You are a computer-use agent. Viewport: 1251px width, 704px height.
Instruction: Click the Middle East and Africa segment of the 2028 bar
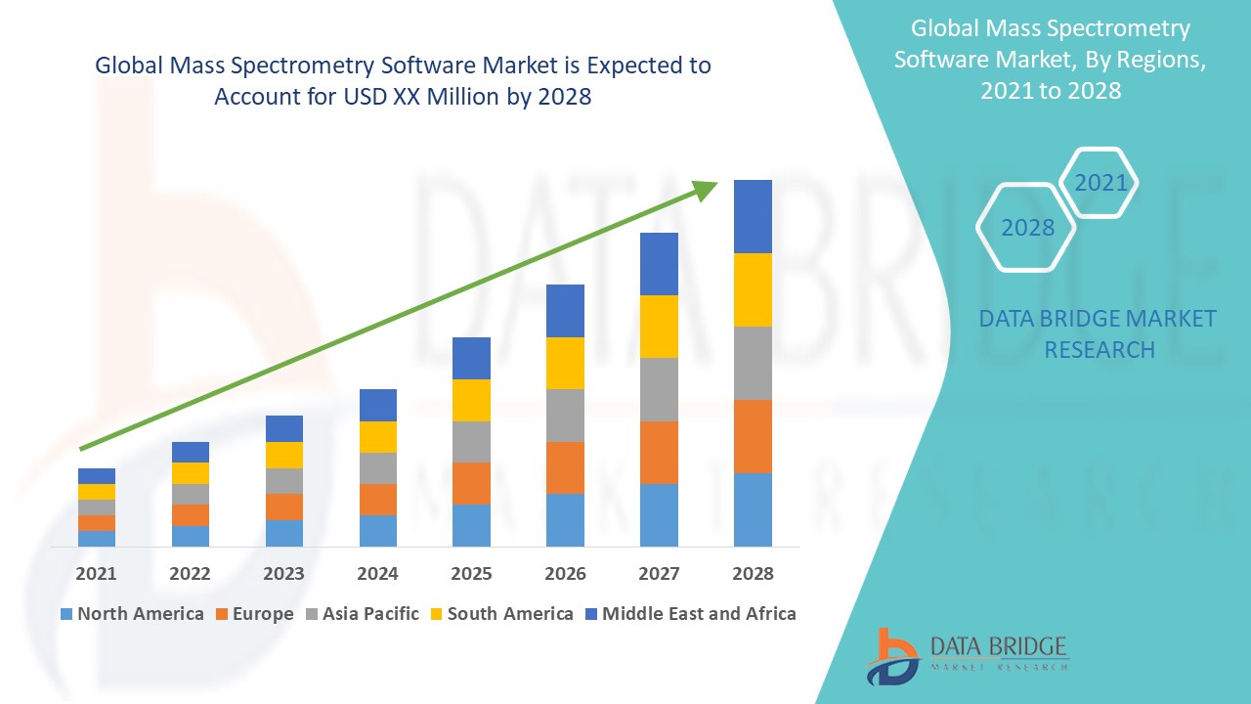753,216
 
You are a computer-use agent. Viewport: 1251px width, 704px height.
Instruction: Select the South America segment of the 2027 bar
659,327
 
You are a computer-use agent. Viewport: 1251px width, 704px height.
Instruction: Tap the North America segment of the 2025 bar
471,525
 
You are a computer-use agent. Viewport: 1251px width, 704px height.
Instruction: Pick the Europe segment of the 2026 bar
565,467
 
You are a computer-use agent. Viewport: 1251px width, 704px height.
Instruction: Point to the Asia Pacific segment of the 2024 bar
378,468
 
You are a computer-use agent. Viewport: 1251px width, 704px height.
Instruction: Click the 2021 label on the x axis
96,574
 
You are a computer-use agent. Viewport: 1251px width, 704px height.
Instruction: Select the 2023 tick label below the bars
283,574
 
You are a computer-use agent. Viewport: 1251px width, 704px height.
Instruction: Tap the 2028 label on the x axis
753,574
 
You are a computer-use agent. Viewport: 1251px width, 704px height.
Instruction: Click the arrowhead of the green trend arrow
706,190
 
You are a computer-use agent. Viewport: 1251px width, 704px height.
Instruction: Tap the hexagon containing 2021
1100,183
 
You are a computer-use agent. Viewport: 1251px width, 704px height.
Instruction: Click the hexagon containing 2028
1027,228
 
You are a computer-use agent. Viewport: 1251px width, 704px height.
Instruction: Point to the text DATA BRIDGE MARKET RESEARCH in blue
1099,333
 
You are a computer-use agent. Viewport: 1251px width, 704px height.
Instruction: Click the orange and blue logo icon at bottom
892,655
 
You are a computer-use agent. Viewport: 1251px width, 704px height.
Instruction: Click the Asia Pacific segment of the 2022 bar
190,494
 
